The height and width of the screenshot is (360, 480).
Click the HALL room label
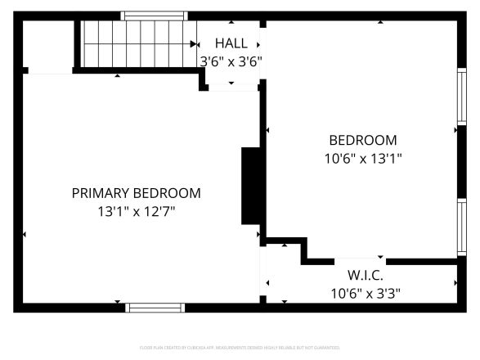pyautogui.click(x=231, y=43)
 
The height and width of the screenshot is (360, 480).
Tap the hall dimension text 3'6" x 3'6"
pyautogui.click(x=231, y=61)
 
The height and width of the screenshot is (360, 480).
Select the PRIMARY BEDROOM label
pyautogui.click(x=136, y=193)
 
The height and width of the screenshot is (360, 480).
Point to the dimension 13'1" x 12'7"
pyautogui.click(x=136, y=211)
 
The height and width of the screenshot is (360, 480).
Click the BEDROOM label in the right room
pyautogui.click(x=363, y=140)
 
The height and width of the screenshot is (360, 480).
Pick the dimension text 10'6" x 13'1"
pyautogui.click(x=363, y=158)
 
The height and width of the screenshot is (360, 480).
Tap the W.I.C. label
pyautogui.click(x=366, y=275)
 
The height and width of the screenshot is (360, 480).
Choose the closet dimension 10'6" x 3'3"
pyautogui.click(x=366, y=292)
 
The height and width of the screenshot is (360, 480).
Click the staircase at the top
pyautogui.click(x=137, y=43)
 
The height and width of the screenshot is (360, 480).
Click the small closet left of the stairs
pyautogui.click(x=47, y=47)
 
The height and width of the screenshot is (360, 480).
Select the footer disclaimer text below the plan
pyautogui.click(x=240, y=348)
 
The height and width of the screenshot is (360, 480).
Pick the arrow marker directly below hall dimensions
pyautogui.click(x=231, y=83)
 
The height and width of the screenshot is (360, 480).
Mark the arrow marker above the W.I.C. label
pyautogui.click(x=379, y=258)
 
